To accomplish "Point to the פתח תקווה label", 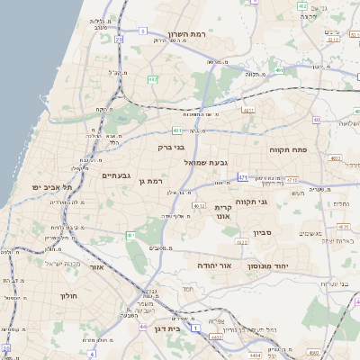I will point(288,149).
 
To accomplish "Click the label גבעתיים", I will point(116,175).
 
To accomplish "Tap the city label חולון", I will point(69,295).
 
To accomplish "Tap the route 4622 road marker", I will point(240,242).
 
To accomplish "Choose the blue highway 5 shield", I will point(142,31).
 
